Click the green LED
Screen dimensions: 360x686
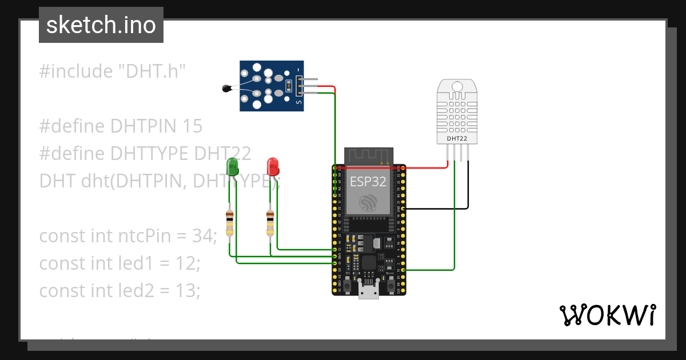[233, 167]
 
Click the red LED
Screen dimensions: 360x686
[273, 167]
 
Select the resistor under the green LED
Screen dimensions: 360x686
[229, 223]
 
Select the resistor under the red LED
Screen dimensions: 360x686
[270, 223]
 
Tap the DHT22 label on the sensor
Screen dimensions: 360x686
[456, 138]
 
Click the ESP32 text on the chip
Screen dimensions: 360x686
[368, 182]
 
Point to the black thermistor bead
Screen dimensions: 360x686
[226, 88]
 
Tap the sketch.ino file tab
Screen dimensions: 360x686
[101, 25]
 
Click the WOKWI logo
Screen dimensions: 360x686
[607, 315]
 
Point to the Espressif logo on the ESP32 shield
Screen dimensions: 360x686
[369, 202]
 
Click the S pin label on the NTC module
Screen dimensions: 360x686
[298, 102]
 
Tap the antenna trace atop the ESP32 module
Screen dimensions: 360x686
[369, 155]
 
